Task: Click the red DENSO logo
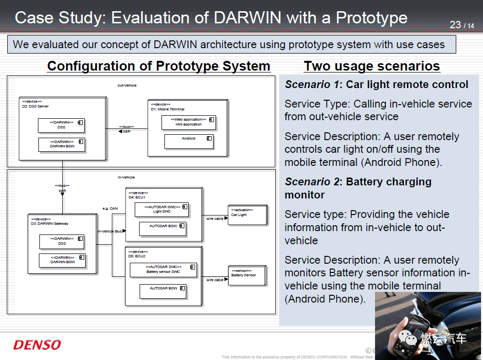click(37, 345)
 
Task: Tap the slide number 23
click(455, 24)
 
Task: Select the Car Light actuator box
click(248, 215)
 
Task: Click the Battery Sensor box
click(247, 275)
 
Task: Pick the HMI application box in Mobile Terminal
click(188, 122)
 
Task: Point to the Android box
click(189, 141)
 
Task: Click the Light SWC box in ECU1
click(162, 210)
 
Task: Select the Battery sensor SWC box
click(163, 270)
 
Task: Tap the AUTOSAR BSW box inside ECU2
click(163, 291)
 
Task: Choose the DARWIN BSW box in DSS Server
click(62, 144)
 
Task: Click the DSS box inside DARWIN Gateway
click(62, 242)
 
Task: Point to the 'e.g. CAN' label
click(110, 208)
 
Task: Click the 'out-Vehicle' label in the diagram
click(127, 85)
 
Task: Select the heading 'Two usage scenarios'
click(372, 66)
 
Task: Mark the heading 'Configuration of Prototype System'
click(159, 66)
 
